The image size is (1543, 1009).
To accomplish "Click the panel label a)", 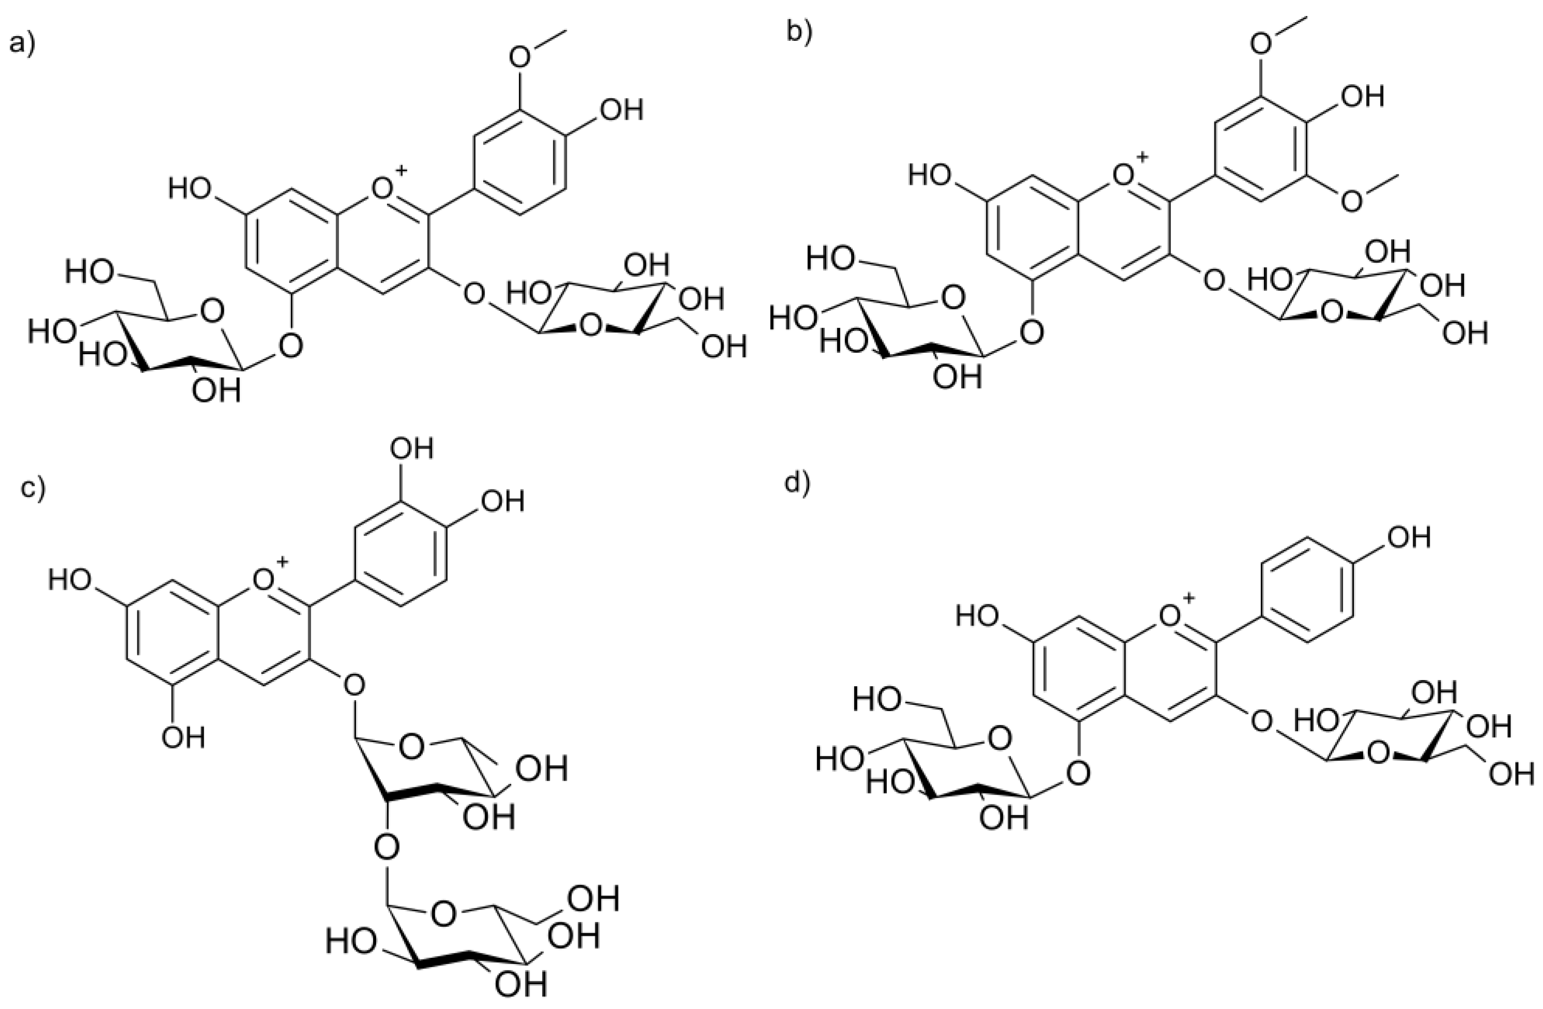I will (22, 45).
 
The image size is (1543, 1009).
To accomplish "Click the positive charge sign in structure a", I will (402, 170).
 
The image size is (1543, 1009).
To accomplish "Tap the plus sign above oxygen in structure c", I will (282, 561).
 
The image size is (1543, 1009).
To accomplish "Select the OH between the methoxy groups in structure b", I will (1362, 97).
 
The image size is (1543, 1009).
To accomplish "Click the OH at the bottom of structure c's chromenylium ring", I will (183, 737).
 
